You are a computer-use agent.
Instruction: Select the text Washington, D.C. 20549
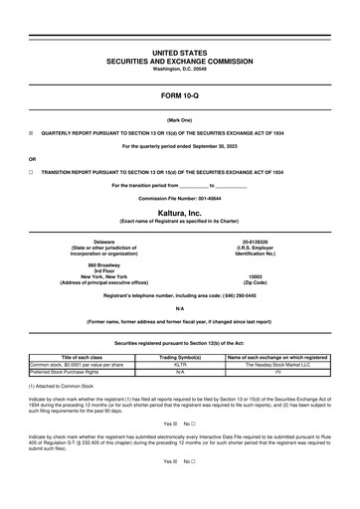coord(179,69)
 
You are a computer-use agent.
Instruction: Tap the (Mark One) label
coord(179,118)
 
